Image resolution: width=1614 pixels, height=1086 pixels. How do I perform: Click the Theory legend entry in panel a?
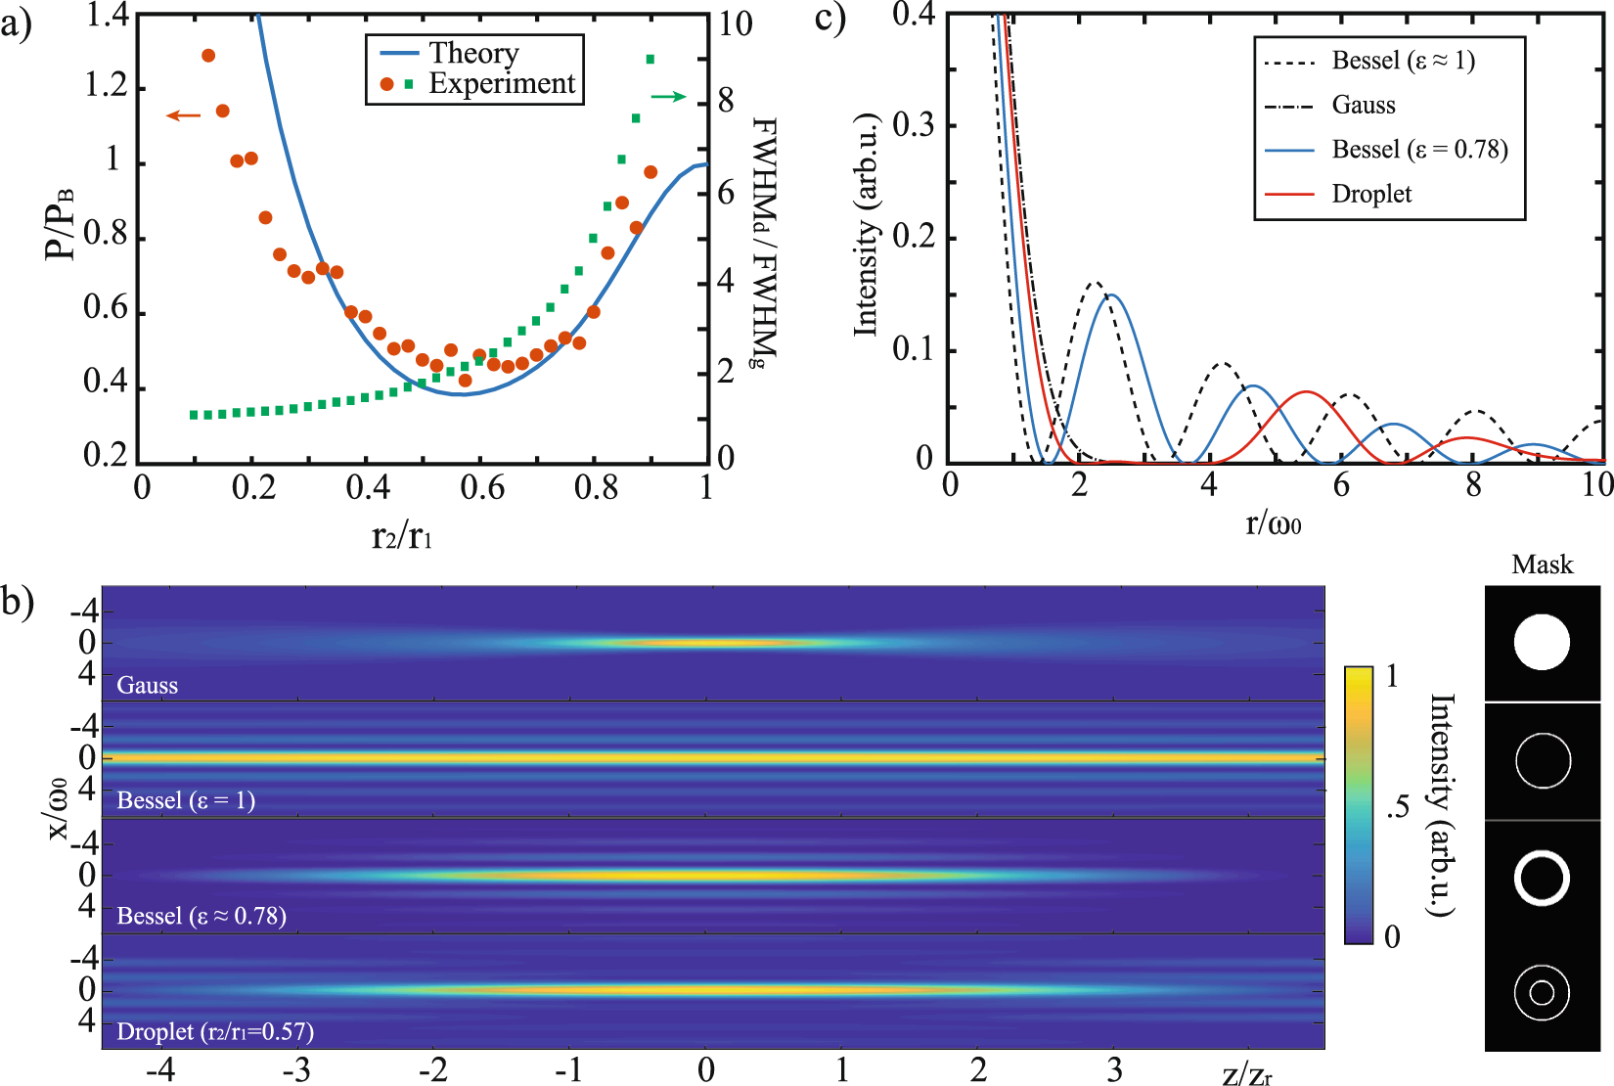pos(473,53)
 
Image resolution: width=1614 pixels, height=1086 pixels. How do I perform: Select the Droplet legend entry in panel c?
pos(1370,194)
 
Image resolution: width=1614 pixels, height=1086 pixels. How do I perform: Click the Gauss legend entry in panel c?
pos(1363,105)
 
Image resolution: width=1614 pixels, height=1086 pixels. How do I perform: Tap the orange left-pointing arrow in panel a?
pos(183,115)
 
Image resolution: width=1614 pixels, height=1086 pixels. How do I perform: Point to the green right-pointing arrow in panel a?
pos(668,96)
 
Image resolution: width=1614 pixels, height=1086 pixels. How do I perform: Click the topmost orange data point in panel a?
pos(207,56)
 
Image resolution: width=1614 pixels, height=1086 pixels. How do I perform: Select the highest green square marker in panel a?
pos(650,60)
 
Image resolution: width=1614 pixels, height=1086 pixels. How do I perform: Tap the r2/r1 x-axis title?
pos(401,536)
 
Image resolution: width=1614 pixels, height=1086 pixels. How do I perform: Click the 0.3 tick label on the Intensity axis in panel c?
pos(914,125)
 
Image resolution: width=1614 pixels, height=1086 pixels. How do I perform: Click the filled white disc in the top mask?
pos(1542,642)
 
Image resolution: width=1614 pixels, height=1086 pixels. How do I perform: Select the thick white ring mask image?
pos(1542,877)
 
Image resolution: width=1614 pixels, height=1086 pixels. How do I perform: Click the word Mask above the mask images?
pos(1542,565)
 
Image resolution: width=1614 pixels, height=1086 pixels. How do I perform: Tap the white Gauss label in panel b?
pos(148,685)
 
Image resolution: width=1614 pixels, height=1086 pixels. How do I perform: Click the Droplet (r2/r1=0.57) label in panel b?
pos(215,1031)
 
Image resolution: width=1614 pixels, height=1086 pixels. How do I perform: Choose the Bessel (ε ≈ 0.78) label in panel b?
pos(202,916)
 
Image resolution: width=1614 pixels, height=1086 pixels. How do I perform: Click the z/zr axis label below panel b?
pos(1247,1074)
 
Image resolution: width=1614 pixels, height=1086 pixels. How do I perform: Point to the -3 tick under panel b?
pos(296,1069)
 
